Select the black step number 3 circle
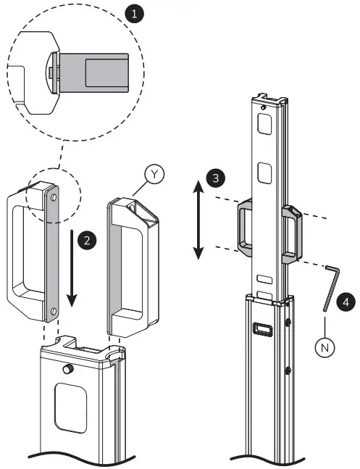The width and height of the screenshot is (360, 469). click(213, 178)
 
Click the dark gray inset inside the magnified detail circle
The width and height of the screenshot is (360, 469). click(106, 74)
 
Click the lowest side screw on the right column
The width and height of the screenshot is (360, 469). click(288, 370)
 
